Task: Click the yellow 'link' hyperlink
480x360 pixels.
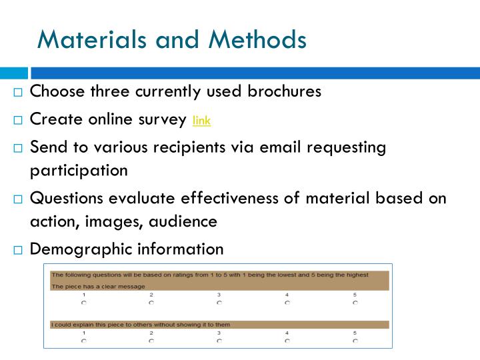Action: (201, 121)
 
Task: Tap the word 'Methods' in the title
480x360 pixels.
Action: (257, 39)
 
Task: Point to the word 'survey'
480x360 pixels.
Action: (163, 119)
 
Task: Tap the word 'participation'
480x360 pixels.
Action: (79, 170)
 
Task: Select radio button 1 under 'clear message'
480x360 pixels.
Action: (83, 302)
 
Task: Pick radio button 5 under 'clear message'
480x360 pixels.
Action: (355, 302)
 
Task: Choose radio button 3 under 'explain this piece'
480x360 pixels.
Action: (219, 341)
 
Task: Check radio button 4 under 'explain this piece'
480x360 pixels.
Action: (287, 341)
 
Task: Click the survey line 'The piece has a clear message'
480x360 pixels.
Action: (98, 287)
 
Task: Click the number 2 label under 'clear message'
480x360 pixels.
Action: (151, 295)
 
